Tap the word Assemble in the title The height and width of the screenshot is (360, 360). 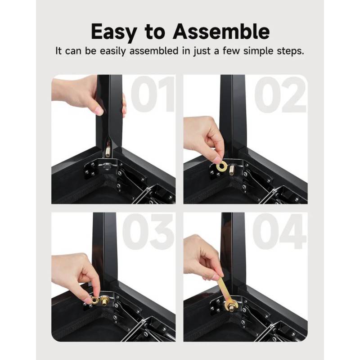pos(221,31)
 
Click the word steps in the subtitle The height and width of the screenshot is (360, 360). pos(290,51)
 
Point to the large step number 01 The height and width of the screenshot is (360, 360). pos(153,94)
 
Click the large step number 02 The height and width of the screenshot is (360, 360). pos(280,94)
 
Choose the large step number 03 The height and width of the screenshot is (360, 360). pos(148,231)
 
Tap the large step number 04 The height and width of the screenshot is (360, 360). pos(279,231)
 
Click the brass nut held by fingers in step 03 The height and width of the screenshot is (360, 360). pos(94,300)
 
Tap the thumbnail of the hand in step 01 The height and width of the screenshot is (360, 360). pos(99,111)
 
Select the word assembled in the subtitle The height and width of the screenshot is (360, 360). pos(154,51)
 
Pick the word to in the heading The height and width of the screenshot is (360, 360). pos(155,32)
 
